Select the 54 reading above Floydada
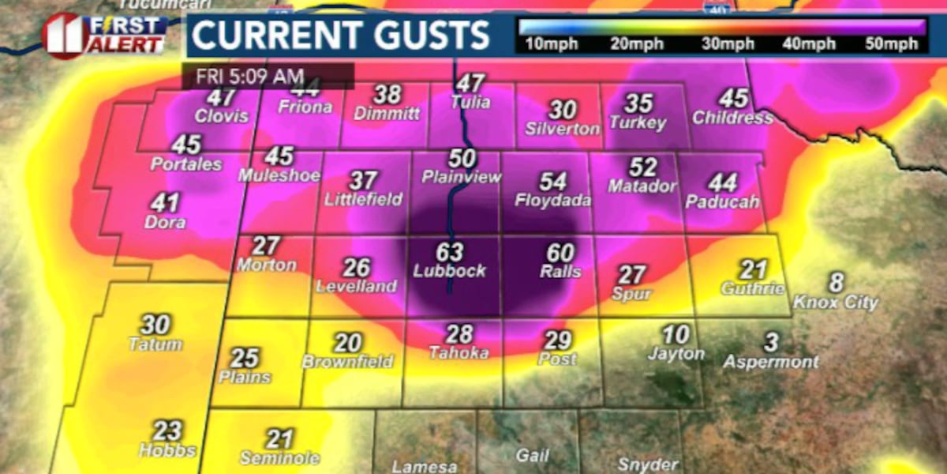552,182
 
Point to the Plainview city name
462,177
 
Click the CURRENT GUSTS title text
341,36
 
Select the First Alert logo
105,36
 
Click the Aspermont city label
772,362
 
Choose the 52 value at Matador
643,167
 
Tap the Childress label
732,118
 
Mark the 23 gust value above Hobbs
167,431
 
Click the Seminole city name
280,458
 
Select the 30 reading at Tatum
155,325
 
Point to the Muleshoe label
279,175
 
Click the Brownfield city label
348,362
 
